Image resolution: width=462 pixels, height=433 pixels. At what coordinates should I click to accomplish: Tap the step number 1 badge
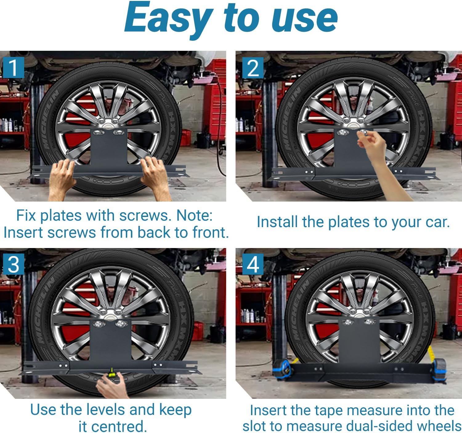tap(13, 67)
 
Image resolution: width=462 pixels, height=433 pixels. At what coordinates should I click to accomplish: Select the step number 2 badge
tap(253, 67)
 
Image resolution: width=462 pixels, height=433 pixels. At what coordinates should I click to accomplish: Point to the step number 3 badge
tap(13, 264)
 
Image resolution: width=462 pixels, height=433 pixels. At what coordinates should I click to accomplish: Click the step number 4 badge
tap(253, 264)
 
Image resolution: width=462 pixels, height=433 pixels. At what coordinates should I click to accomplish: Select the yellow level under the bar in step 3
tap(111, 374)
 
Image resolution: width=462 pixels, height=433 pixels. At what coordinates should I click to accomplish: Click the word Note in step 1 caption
tap(194, 215)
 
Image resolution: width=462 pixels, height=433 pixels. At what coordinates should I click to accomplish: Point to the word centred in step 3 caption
tap(112, 427)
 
